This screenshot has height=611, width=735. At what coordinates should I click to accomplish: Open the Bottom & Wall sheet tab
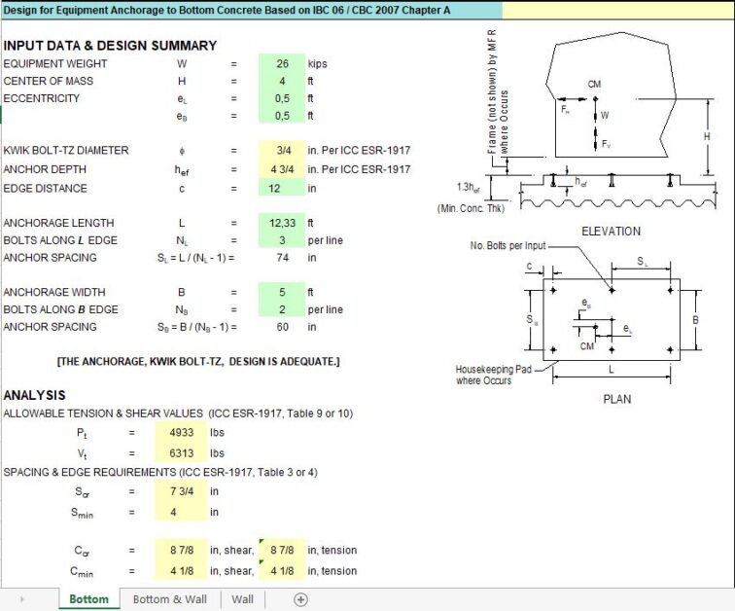[x=170, y=599]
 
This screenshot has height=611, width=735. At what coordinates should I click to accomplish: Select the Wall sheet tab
[x=242, y=599]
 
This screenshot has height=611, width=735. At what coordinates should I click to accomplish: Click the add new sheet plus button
[x=300, y=599]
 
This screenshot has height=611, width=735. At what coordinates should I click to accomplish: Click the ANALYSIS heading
[x=35, y=395]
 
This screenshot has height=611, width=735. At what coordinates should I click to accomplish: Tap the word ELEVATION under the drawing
[x=611, y=232]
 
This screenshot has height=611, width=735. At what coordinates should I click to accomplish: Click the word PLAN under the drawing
[x=616, y=399]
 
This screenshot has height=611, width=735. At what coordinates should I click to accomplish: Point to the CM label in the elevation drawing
[x=595, y=85]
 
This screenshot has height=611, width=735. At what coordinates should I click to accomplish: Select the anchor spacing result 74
[x=282, y=258]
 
